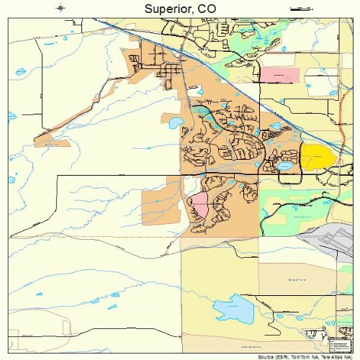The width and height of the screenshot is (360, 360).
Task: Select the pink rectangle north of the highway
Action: [279, 73]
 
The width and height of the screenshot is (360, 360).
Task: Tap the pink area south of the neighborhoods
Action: [198, 207]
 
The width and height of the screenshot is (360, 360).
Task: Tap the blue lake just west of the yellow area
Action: [286, 166]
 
